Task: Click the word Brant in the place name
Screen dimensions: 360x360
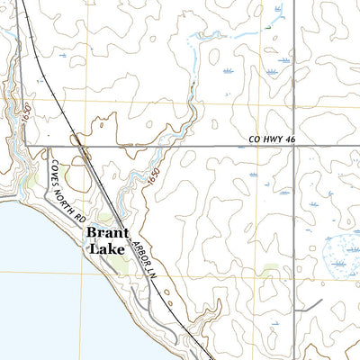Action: [105, 231]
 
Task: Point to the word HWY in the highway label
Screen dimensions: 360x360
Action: [268, 139]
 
